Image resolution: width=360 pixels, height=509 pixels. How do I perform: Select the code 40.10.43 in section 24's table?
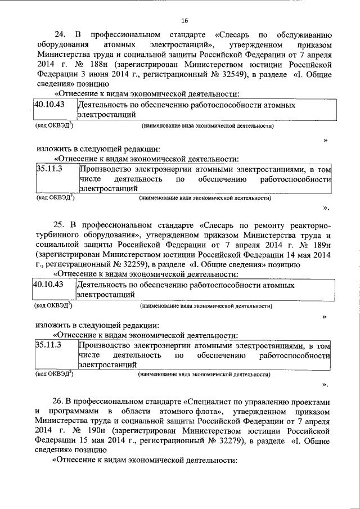pos(48,105)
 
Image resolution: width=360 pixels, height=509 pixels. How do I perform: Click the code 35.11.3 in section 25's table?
pos(48,343)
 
